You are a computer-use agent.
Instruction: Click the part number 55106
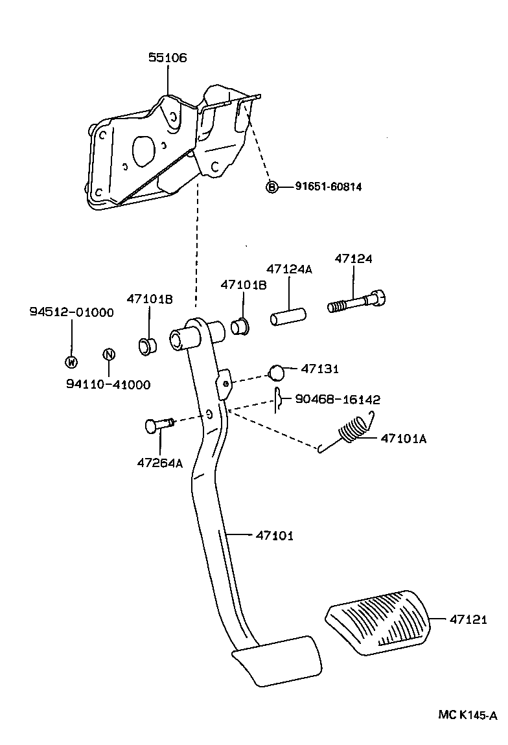click(x=167, y=58)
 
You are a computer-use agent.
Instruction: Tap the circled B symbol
click(x=272, y=187)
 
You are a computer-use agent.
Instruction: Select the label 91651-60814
click(x=329, y=187)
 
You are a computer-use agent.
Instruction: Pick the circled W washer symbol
click(x=71, y=362)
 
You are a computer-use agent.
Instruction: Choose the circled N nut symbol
click(x=109, y=354)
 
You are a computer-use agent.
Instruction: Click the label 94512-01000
click(x=71, y=312)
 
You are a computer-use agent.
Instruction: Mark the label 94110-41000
click(x=108, y=384)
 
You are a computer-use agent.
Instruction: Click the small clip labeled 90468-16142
click(x=278, y=400)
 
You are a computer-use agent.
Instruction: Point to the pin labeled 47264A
click(x=157, y=426)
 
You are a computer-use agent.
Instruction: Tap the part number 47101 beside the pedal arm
click(x=275, y=535)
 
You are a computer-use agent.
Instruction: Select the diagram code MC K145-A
click(x=467, y=715)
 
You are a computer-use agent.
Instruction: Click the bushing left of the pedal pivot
click(x=147, y=345)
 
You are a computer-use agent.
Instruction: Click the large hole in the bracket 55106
click(x=143, y=148)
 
